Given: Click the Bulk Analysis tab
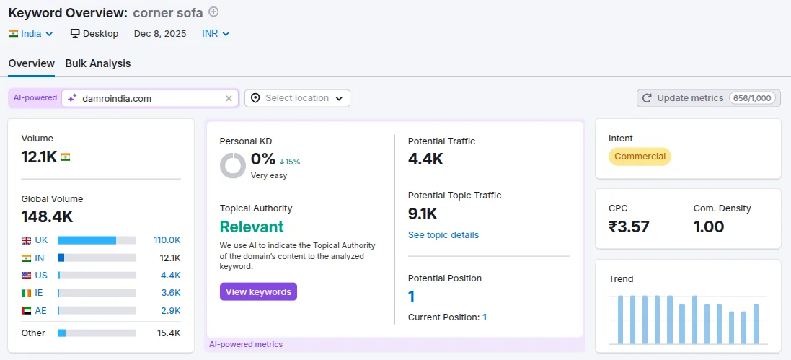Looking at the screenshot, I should [98, 63].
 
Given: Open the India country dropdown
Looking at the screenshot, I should [31, 33].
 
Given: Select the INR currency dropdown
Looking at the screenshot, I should [216, 33].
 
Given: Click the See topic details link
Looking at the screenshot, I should [443, 235].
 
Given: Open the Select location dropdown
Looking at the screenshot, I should [297, 98].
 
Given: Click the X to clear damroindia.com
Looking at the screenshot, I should [229, 98].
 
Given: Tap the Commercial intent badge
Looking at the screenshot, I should [640, 157].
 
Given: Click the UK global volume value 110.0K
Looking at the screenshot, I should [167, 240].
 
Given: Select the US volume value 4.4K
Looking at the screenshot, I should [170, 275].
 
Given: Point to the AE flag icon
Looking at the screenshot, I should [27, 310].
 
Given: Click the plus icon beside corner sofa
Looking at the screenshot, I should [213, 12].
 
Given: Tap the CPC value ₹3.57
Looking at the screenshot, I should [629, 227].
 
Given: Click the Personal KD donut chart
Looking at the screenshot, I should [233, 165].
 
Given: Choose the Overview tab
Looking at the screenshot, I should [31, 63].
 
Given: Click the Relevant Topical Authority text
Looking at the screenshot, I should [252, 227].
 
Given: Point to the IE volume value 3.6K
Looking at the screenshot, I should [170, 292].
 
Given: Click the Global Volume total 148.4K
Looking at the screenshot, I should [47, 216].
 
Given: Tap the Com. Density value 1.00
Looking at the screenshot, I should [709, 227].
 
